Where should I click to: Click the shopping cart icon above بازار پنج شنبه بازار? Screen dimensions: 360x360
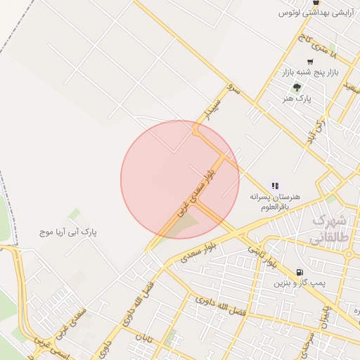pos(310,62)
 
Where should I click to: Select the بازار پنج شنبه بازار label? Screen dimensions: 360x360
pos(310,72)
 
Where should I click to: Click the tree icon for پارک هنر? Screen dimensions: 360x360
pos(297,88)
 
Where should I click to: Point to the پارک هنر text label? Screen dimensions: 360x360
pos(297,99)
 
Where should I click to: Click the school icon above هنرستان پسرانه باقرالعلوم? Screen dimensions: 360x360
pos(275,186)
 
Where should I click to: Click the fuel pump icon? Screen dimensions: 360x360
pos(300,272)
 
